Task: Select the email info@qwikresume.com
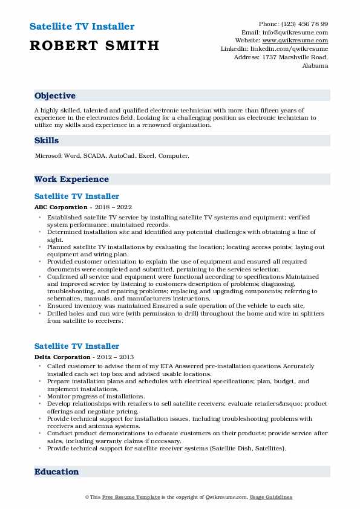point(297,33)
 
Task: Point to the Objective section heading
point(55,96)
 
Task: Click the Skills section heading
point(47,140)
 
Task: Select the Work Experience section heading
point(71,179)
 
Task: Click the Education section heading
point(56,472)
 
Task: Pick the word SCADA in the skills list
point(96,156)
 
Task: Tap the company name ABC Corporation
point(56,207)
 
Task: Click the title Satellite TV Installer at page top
point(82,27)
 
